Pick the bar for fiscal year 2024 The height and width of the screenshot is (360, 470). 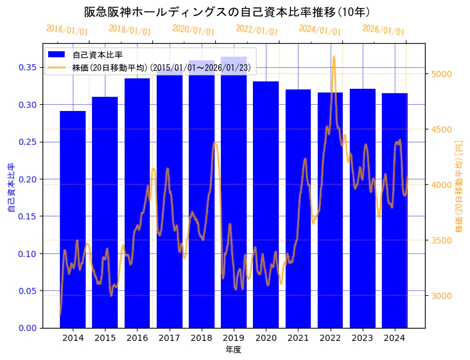point(395,210)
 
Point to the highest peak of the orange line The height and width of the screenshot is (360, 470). point(334,56)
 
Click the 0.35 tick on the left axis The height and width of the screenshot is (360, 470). point(27,67)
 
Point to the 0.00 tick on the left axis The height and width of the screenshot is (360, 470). point(27,328)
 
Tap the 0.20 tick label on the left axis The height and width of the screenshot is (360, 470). point(27,179)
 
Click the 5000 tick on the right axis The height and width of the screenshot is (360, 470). point(442,74)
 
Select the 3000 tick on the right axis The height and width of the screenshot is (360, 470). point(442,296)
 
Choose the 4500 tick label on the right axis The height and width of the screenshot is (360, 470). point(442,129)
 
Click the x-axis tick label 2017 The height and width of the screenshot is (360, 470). point(169,338)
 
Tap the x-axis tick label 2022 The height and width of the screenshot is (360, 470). point(330,338)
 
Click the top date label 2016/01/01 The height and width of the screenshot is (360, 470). point(67,30)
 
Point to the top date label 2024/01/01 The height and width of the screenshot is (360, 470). point(320,30)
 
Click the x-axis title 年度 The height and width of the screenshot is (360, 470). point(233,350)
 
